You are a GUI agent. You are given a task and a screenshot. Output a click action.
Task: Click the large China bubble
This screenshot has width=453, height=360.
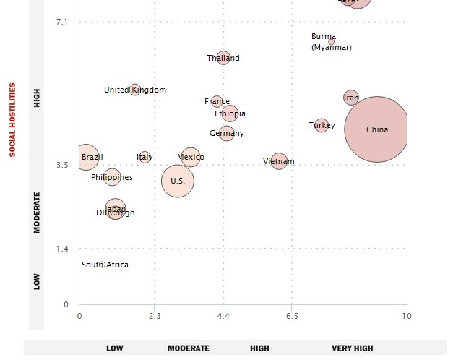pyautogui.click(x=376, y=129)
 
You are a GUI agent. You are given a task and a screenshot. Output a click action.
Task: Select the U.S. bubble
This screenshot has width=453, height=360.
pyautogui.click(x=178, y=181)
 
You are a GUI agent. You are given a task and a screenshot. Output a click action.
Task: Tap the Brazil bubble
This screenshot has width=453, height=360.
pyautogui.click(x=86, y=157)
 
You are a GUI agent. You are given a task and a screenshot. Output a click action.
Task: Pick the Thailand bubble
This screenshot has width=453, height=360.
pyautogui.click(x=223, y=58)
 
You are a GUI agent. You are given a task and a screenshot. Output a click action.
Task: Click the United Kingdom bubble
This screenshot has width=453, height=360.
pyautogui.click(x=135, y=90)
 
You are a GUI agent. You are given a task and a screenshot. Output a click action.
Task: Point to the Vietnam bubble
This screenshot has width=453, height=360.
pyautogui.click(x=279, y=161)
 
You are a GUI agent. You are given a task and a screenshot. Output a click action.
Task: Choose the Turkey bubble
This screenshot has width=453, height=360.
pyautogui.click(x=322, y=125)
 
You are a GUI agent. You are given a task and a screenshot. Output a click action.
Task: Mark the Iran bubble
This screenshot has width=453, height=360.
pyautogui.click(x=351, y=98)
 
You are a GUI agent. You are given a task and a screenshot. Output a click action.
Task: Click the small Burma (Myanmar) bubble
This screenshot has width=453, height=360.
pyautogui.click(x=332, y=42)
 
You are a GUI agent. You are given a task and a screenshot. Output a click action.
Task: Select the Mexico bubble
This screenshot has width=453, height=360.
pyautogui.click(x=190, y=157)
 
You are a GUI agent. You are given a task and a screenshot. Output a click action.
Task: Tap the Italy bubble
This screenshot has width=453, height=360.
pyautogui.click(x=144, y=157)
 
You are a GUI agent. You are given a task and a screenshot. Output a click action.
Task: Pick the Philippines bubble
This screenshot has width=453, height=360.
pyautogui.click(x=112, y=177)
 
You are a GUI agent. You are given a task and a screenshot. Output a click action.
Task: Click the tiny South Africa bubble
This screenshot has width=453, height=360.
pyautogui.click(x=103, y=265)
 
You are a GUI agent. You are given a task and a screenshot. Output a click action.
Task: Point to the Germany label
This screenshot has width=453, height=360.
pyautogui.click(x=227, y=134)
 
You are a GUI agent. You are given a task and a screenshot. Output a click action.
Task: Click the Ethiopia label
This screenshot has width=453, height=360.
pyautogui.click(x=230, y=114)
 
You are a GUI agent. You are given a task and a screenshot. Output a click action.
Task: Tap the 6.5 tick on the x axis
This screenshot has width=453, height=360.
pyautogui.click(x=291, y=316)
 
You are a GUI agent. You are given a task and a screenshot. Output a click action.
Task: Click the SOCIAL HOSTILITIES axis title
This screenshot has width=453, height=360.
pyautogui.click(x=12, y=119)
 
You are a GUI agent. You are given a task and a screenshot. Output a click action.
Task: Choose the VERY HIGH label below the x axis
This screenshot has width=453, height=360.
pyautogui.click(x=353, y=348)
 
